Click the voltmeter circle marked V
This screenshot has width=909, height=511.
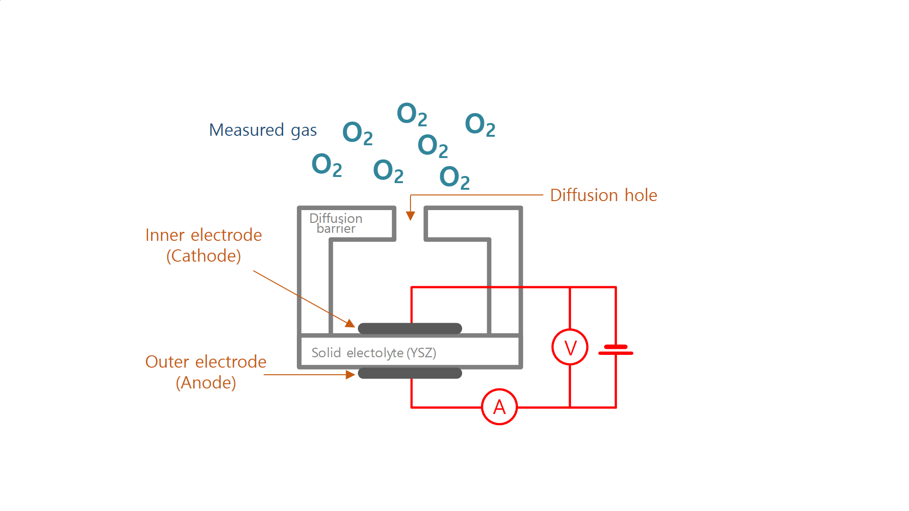pos(570,347)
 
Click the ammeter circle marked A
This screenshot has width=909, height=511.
pos(499,407)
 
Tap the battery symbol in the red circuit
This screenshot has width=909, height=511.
pos(615,350)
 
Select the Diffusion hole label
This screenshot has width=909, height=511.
pos(603,195)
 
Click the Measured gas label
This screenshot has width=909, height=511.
pos(263,130)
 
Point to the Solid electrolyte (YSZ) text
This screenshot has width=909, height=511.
pos(374,352)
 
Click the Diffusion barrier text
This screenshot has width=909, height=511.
pos(336,223)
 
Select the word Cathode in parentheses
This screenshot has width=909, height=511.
pos(204,256)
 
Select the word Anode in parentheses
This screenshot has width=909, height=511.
pos(205,382)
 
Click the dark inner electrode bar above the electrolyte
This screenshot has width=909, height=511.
pos(410,328)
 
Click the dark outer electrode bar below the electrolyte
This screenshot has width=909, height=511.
pos(410,373)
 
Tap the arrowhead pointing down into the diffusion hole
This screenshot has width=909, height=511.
pos(410,216)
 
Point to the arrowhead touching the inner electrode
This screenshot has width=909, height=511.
pos(350,324)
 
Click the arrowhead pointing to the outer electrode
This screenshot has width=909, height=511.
pos(350,375)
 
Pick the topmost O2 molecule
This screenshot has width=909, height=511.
pos(411,114)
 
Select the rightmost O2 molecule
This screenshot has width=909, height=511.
pos(480,124)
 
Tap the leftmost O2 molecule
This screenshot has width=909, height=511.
pos(326,165)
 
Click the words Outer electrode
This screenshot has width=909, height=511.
pos(205,361)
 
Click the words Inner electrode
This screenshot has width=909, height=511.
pos(204,235)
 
